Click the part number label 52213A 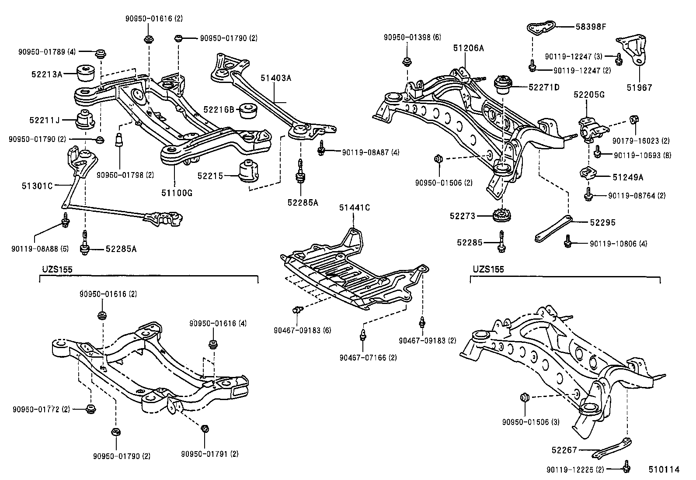[46, 74]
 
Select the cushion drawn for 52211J [86, 121]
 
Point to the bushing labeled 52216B [249, 111]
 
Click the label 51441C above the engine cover [355, 208]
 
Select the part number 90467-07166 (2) [368, 358]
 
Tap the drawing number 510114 [664, 470]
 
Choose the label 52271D [544, 87]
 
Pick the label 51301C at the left [37, 186]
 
